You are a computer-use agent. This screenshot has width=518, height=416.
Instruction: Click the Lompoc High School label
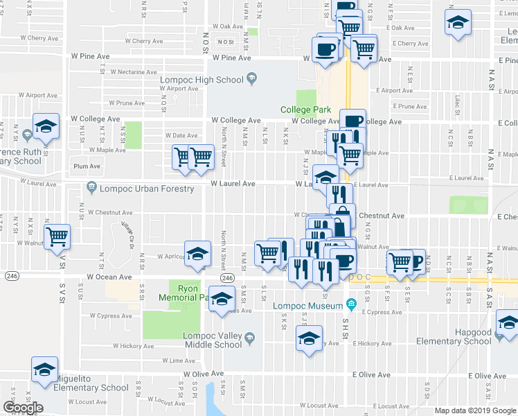click(x=202, y=80)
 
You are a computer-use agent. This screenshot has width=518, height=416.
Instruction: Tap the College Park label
click(x=305, y=110)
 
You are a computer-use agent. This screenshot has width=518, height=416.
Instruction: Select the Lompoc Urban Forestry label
click(x=149, y=189)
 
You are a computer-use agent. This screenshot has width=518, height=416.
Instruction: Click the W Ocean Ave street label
click(x=109, y=277)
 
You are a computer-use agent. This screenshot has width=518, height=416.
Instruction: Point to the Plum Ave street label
click(x=87, y=166)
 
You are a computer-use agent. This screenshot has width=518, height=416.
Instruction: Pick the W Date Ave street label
click(x=181, y=135)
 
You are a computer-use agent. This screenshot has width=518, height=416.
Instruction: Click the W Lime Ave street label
click(x=179, y=361)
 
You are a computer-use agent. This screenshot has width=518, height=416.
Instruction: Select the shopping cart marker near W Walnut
click(x=57, y=237)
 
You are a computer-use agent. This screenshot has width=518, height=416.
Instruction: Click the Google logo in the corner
click(x=23, y=408)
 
